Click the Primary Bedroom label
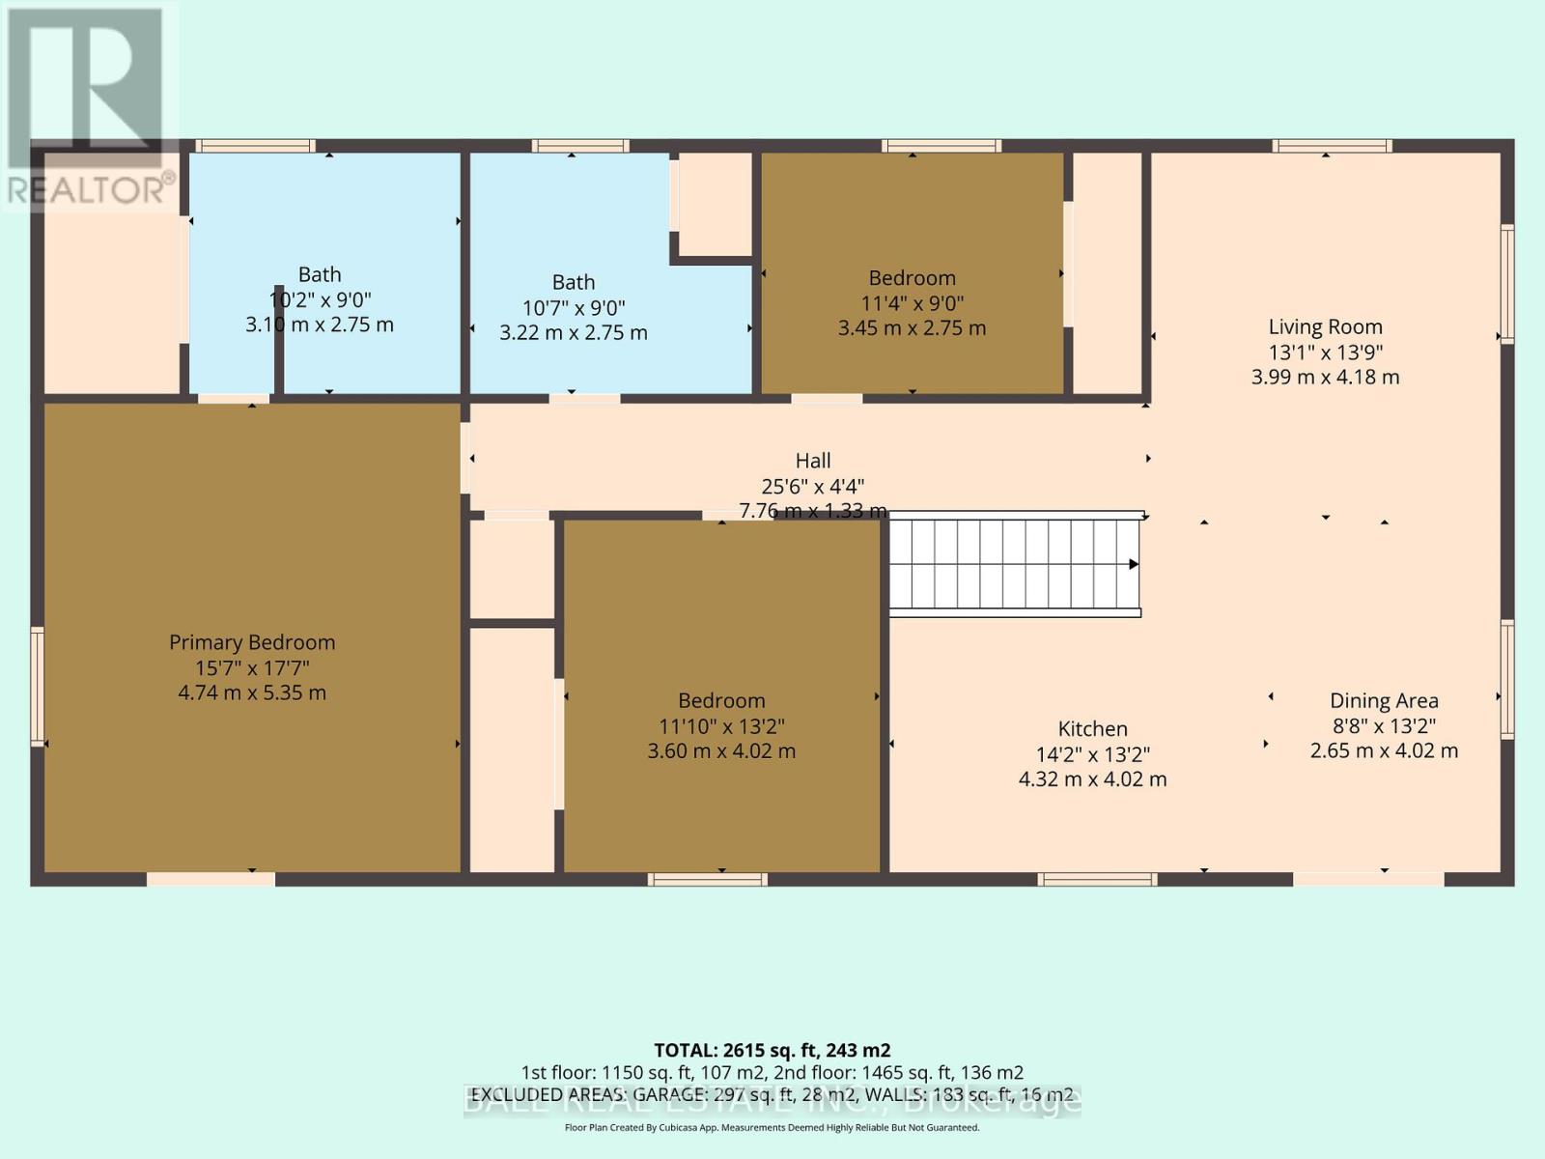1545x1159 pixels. point(252,642)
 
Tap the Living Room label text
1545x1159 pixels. point(1325,327)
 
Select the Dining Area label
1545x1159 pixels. point(1384,701)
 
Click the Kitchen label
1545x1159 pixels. point(1092,729)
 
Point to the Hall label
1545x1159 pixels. point(813,461)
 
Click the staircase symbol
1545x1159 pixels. point(1014,565)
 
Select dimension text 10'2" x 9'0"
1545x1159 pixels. point(320,299)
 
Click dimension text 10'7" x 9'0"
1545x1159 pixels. point(574,308)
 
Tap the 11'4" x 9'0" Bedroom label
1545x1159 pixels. point(912,278)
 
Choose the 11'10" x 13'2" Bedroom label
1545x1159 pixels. point(721,701)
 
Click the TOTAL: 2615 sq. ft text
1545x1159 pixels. point(772,1050)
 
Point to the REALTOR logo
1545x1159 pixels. point(89,106)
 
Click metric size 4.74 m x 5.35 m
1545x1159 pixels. point(252,693)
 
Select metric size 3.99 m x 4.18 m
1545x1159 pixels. point(1325,378)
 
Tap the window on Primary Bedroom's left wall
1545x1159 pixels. point(38,686)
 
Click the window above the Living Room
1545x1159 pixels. point(1332,146)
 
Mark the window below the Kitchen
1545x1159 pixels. point(1097,879)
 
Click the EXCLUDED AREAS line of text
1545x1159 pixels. point(772,1094)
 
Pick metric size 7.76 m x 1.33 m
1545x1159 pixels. point(813,511)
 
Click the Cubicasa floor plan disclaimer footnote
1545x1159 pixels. point(772,1127)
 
